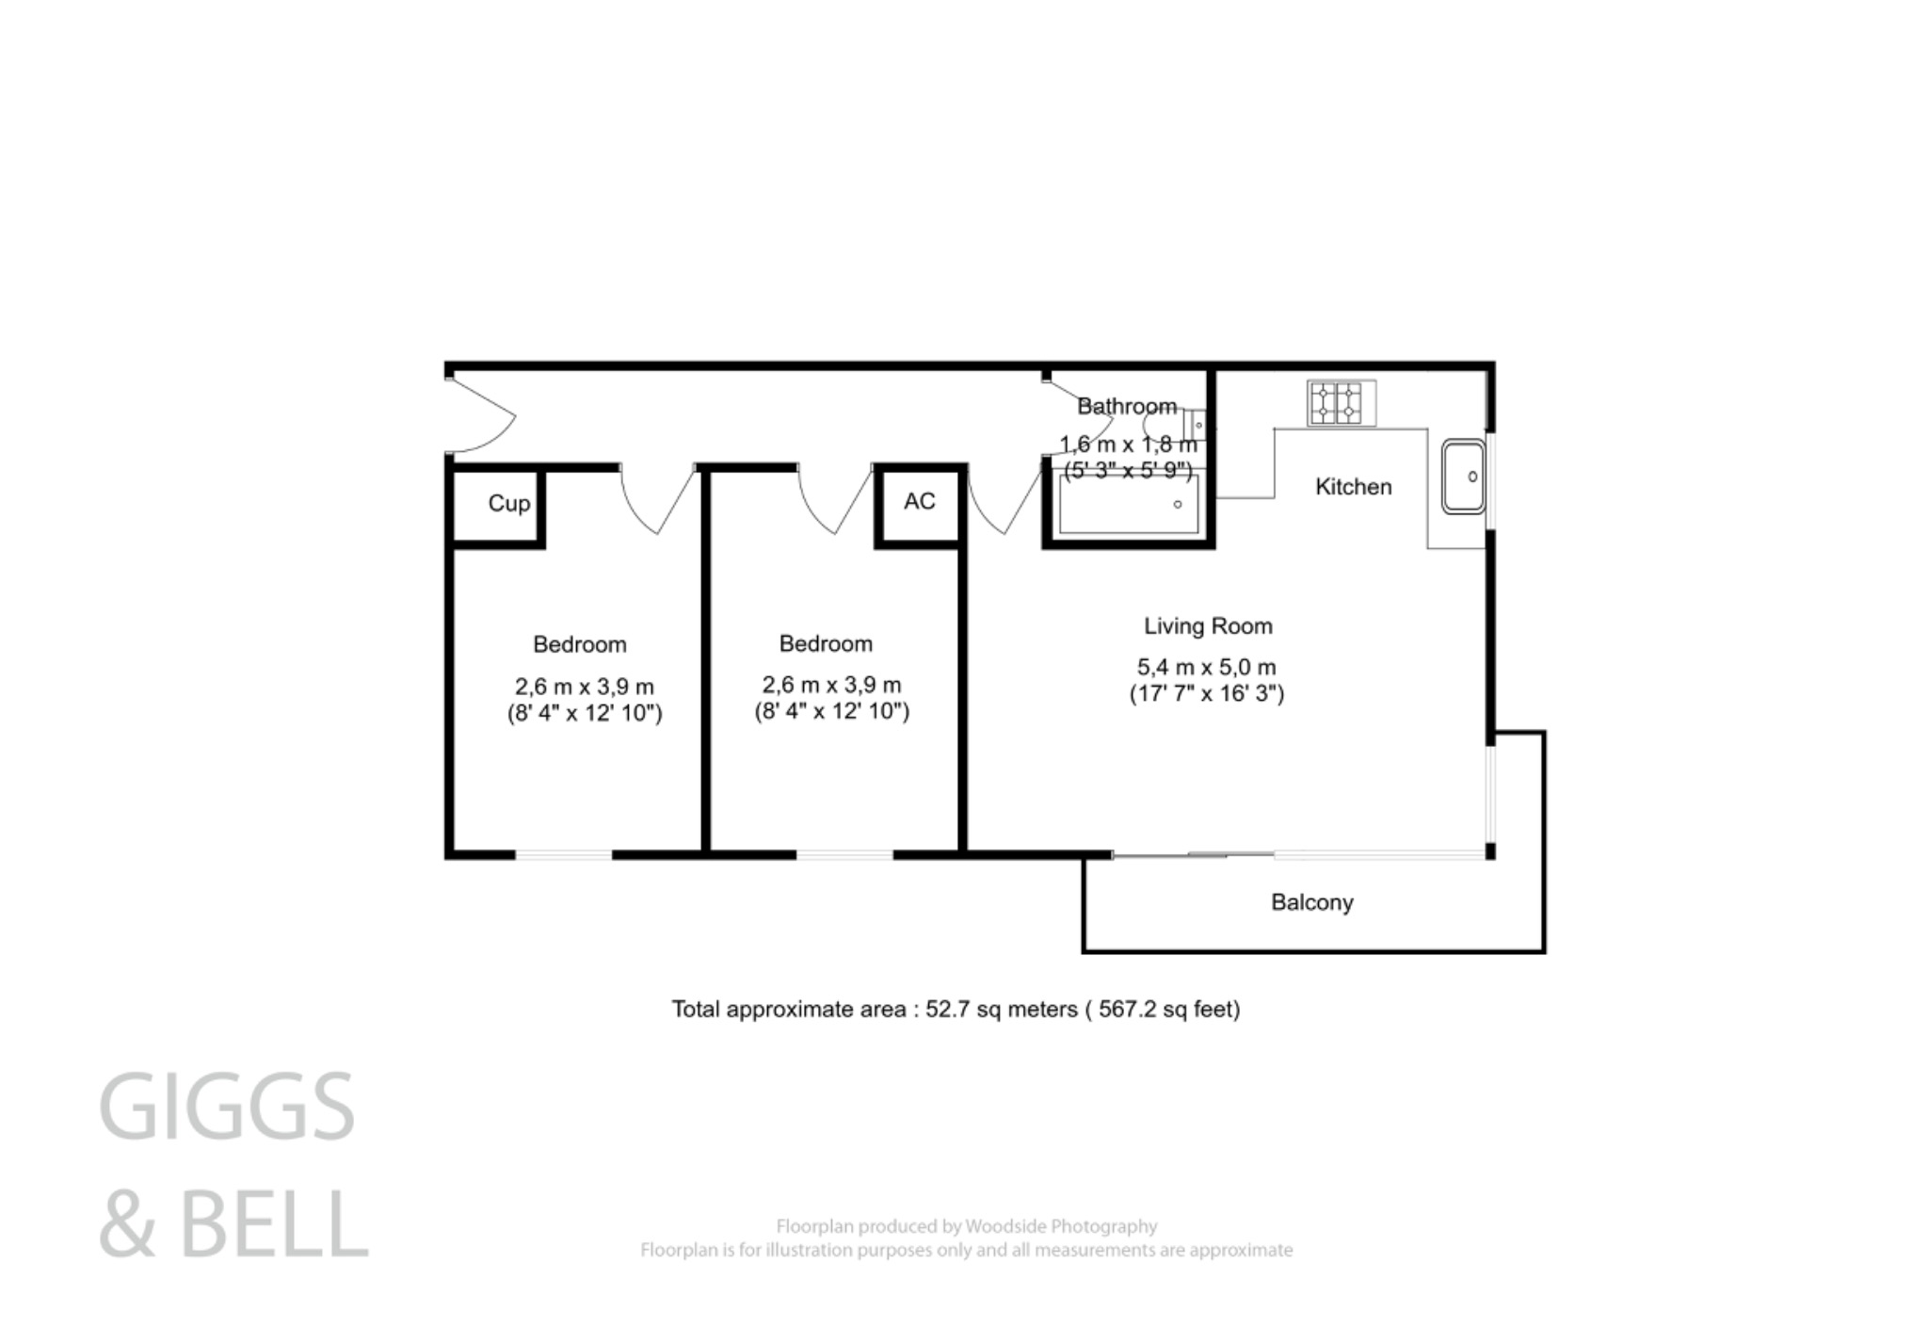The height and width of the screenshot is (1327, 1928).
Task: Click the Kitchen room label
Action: tap(1352, 487)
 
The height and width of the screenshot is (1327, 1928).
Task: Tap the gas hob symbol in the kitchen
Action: tap(1340, 403)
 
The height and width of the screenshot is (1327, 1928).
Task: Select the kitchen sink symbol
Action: tap(1463, 477)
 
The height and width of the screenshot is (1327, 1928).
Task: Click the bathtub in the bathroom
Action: tap(1129, 506)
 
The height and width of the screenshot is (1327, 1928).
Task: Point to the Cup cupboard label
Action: tap(508, 504)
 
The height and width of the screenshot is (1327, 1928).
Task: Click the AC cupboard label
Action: tap(919, 502)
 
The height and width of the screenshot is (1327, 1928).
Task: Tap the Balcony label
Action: tap(1311, 902)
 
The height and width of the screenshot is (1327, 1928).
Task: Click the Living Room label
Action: tap(1207, 626)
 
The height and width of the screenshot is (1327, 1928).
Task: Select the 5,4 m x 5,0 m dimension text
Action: tap(1206, 668)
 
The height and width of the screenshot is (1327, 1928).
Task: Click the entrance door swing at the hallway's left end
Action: tap(483, 415)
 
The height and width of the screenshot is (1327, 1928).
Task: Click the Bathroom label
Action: tap(1126, 407)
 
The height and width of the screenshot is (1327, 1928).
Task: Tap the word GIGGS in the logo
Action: tap(227, 1107)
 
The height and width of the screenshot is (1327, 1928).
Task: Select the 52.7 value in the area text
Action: tap(947, 1010)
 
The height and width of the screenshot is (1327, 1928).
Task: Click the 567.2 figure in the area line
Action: tap(1127, 1010)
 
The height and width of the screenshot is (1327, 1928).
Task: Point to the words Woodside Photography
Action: tap(1061, 1226)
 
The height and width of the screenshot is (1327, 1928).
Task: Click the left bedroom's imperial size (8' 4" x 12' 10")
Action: tap(584, 713)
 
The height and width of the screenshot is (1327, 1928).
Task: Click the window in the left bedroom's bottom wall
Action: tap(563, 855)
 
